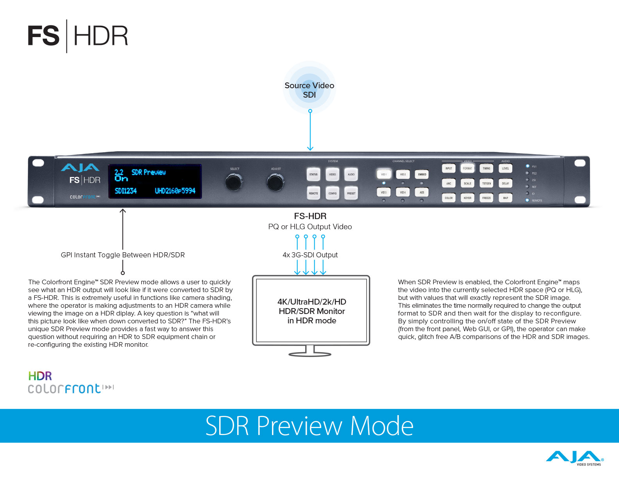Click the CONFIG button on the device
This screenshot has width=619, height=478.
point(333,193)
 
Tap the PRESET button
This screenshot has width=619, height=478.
point(351,193)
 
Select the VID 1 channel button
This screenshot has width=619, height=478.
point(384,174)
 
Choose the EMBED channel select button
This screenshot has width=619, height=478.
point(422,174)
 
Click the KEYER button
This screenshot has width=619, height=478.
point(467,198)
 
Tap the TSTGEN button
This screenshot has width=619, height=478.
point(487,183)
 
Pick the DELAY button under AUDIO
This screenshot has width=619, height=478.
point(505,183)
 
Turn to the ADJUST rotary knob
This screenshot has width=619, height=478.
point(276,182)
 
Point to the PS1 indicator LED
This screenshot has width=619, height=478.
point(528,166)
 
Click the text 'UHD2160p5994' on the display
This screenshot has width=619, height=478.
point(175,191)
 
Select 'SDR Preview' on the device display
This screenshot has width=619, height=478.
point(148,172)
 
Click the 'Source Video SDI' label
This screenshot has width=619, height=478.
point(309,90)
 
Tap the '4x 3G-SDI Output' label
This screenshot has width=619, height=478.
point(310,255)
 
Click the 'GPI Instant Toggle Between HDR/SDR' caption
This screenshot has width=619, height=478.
point(123,255)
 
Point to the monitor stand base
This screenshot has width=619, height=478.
point(310,354)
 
